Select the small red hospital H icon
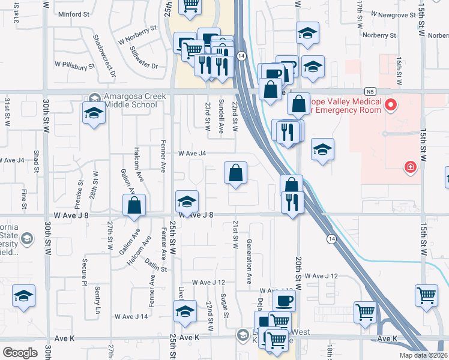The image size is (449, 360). pyautogui.click(x=411, y=167)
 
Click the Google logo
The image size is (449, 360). pyautogui.click(x=20, y=353)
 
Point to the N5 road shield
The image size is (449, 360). pyautogui.click(x=372, y=91)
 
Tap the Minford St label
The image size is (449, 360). pyautogui.click(x=73, y=14)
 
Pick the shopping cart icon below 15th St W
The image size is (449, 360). pyautogui.click(x=426, y=295)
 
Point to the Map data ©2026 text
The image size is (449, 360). pyautogui.click(x=423, y=355)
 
